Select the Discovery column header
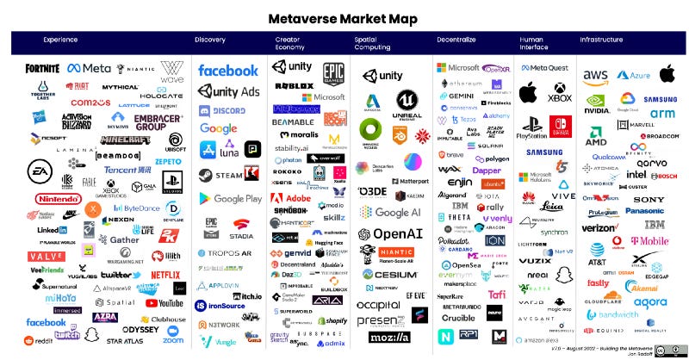[x=210, y=40]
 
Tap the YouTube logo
[x=165, y=302]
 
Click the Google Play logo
[x=226, y=198]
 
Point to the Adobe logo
[x=293, y=198]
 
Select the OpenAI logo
[x=389, y=234]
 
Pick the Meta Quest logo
[x=547, y=67]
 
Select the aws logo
[x=594, y=76]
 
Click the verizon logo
[x=599, y=228]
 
